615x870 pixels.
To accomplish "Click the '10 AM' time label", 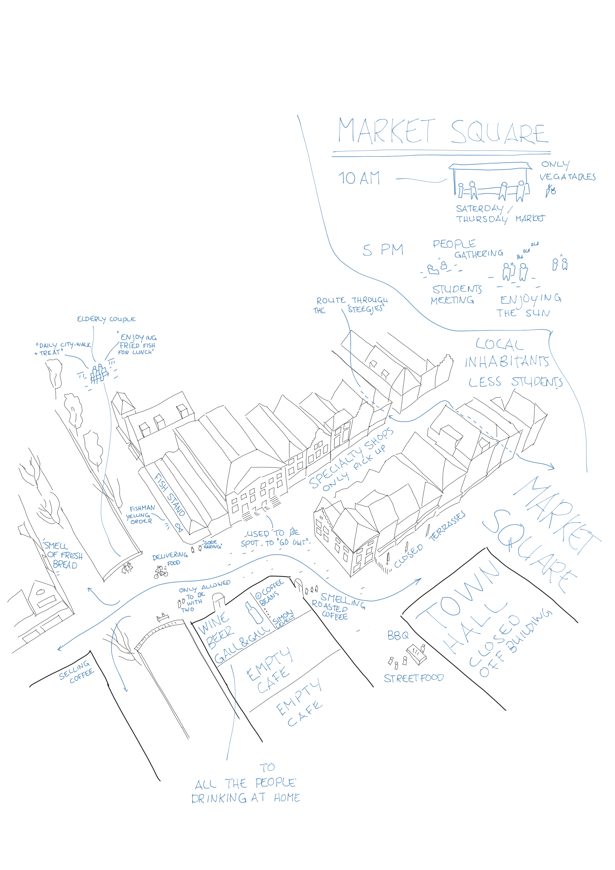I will [359, 178].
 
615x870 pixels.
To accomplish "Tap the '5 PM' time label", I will [383, 250].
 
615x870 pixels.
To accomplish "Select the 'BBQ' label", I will [398, 635].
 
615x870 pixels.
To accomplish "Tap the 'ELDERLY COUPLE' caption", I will [106, 319].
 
